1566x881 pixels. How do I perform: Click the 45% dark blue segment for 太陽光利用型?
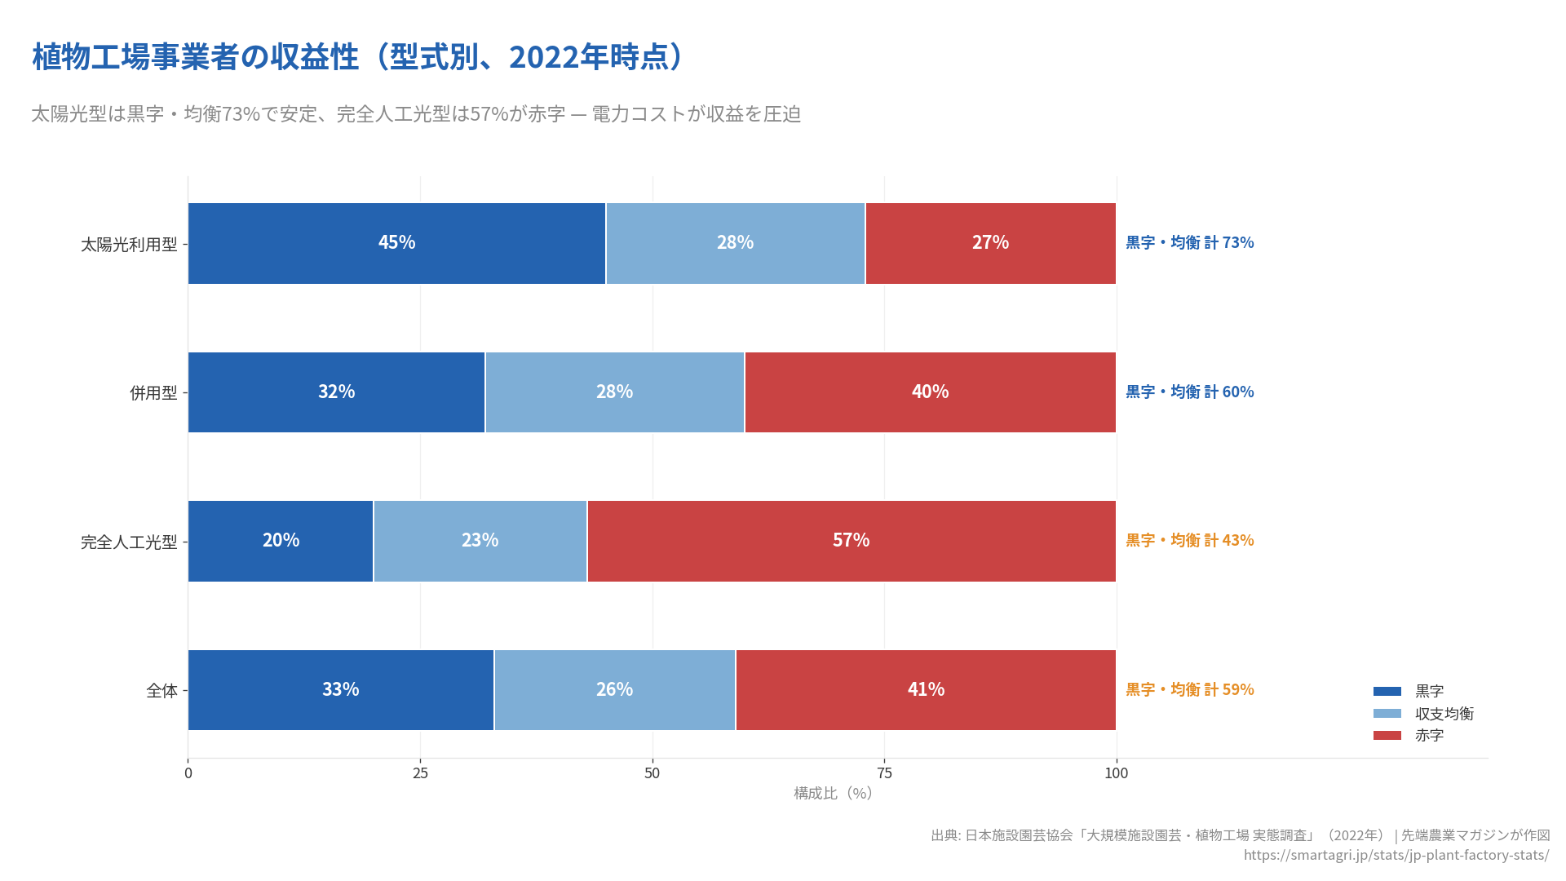point(396,243)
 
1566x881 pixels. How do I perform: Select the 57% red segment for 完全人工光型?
point(851,541)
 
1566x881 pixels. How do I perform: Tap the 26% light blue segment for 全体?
point(614,690)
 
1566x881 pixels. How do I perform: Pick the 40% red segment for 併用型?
point(930,392)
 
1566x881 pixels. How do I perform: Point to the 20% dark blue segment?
point(281,541)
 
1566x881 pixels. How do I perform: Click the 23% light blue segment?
point(480,541)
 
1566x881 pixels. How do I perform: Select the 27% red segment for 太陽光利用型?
point(990,243)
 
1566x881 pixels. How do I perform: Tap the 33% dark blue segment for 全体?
point(340,690)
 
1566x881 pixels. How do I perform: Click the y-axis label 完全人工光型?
point(129,542)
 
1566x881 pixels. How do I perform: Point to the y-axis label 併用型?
point(153,393)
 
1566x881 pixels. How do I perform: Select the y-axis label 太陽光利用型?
point(129,245)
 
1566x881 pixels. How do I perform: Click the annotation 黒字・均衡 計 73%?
point(1189,242)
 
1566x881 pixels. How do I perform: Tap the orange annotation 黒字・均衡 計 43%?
point(1189,540)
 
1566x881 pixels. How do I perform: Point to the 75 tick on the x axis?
point(884,773)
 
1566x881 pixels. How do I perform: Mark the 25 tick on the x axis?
point(420,773)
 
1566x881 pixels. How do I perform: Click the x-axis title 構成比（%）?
point(832,794)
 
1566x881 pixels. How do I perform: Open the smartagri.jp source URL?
point(1396,855)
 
